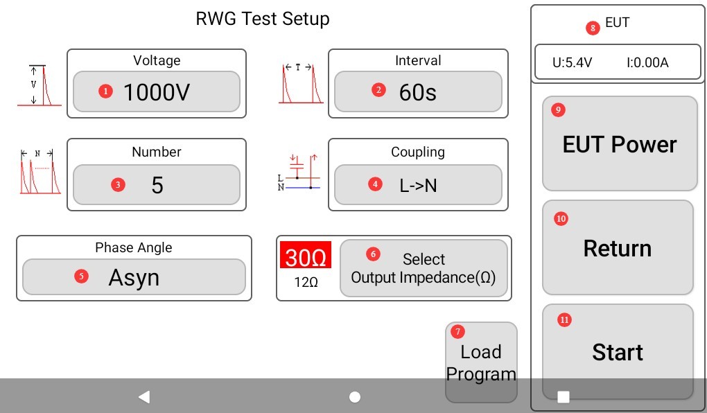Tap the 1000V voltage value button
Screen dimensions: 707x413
pos(157,91)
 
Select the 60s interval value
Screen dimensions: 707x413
pos(418,91)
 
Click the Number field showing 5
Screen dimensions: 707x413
pos(157,184)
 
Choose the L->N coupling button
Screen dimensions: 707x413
pos(418,184)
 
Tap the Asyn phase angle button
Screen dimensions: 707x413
pos(134,277)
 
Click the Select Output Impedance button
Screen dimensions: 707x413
pos(424,267)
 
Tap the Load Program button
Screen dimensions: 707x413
pos(481,362)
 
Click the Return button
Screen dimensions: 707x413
pos(618,247)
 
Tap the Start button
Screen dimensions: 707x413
pos(618,352)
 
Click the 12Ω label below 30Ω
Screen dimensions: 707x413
pos(306,282)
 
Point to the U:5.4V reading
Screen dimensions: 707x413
pos(572,62)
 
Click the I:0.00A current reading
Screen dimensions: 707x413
pos(647,62)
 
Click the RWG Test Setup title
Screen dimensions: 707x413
pos(263,19)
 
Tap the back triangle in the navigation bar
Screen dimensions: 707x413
pos(144,397)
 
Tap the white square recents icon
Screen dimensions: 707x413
pos(564,397)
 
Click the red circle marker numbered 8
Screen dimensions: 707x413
pos(593,28)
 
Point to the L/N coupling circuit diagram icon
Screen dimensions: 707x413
pos(299,173)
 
